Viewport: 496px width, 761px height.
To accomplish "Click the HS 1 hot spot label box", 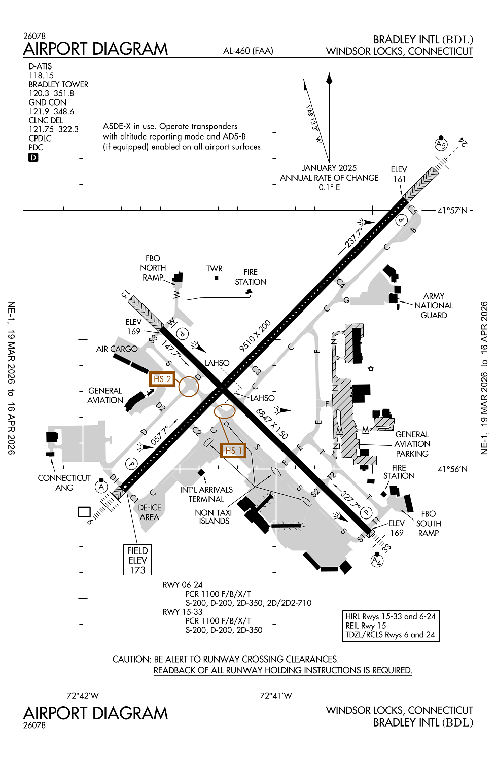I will pos(233,450).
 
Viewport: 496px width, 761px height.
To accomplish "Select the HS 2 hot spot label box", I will pos(162,379).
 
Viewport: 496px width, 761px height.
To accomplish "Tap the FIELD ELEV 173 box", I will pos(137,560).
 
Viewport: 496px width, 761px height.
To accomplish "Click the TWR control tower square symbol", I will pos(217,278).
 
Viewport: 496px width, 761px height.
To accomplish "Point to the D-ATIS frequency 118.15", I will pos(41,75).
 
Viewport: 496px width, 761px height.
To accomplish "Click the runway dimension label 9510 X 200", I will pos(255,335).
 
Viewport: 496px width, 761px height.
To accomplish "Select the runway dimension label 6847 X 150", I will pos(272,424).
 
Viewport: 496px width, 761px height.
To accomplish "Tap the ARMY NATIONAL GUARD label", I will pos(434,305).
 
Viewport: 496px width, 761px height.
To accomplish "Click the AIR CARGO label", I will pos(117,349).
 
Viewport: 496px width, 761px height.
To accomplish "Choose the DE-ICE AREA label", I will pos(150,512).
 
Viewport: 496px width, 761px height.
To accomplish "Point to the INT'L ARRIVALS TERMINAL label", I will pos(206,494).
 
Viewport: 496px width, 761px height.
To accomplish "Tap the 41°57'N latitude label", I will pos(452,210).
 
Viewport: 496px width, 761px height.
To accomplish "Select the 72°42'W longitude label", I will pos(83,696).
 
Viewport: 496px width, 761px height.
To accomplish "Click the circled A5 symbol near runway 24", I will pos(441,145).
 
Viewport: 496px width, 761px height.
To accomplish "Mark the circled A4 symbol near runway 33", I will pos(376,561).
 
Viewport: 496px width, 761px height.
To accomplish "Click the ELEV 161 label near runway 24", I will pos(399,174).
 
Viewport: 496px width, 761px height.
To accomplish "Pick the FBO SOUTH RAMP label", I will pos(429,523).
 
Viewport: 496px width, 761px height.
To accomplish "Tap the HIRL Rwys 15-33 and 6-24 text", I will pos(391,616).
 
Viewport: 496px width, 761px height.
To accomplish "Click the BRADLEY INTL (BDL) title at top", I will pos(423,39).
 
